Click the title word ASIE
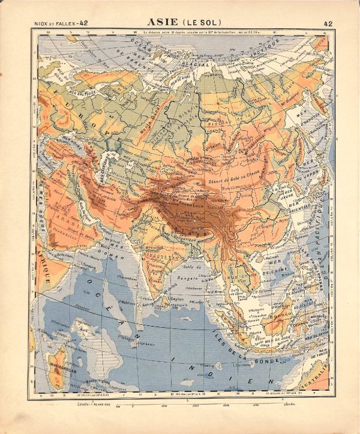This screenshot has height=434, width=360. [163, 23]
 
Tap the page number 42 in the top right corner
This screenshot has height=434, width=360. [328, 23]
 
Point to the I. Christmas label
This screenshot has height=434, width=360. [242, 364]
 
